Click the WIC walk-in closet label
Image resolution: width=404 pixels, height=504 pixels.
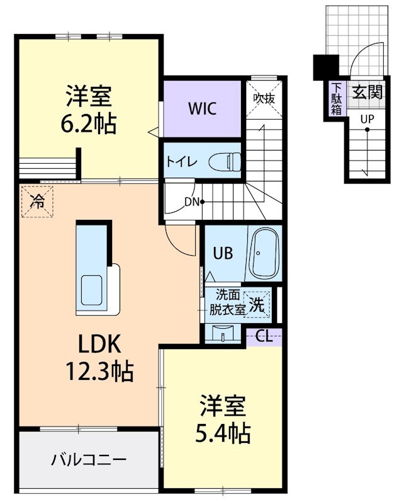pos(202,108)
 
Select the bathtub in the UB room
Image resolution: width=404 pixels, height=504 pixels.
pos(264,255)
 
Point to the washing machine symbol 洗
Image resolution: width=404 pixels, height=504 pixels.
pos(257,305)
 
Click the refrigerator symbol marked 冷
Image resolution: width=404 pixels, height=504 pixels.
pos(38,201)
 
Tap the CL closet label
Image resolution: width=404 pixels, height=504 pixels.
pos(264,336)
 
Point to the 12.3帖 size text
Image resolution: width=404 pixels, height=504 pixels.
pos(100,372)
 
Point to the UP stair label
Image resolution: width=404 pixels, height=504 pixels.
pos(366,118)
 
